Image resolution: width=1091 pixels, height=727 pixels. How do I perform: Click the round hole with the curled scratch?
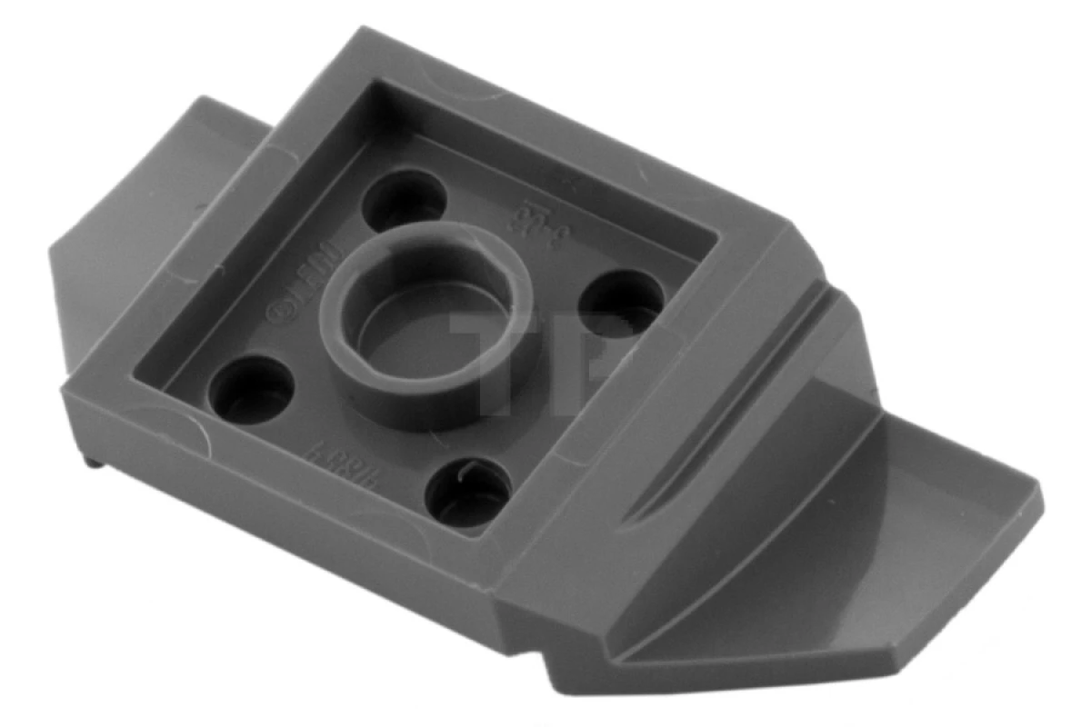coord(469,491)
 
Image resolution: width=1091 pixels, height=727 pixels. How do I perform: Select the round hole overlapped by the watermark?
coord(620,300)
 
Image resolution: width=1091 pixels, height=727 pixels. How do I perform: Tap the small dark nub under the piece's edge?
coord(94,463)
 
